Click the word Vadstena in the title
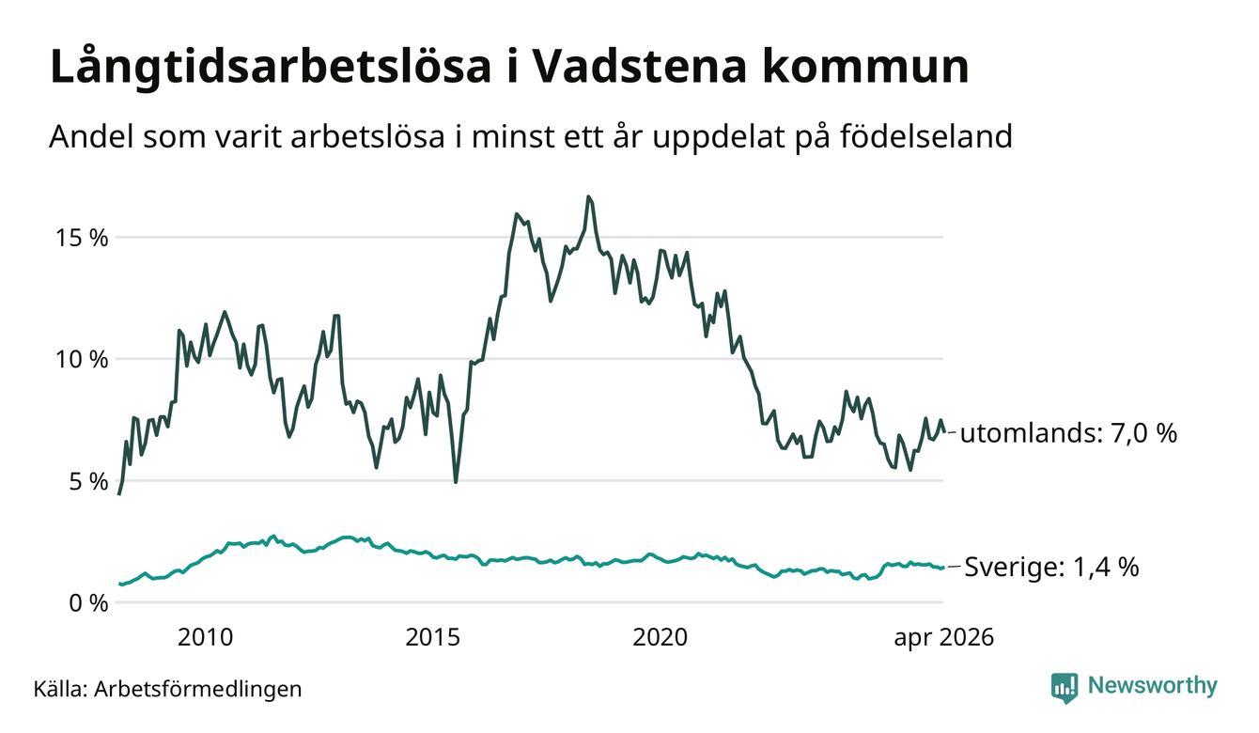point(639,67)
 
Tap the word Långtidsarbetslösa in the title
point(271,68)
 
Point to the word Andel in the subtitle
point(90,136)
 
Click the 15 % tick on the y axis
point(82,238)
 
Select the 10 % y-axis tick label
point(82,359)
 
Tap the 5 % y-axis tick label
point(89,481)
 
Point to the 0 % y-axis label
point(89,603)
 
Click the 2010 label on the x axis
point(205,637)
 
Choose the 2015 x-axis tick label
point(433,637)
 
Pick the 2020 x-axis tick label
point(660,637)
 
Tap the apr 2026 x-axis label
point(943,638)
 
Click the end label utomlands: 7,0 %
point(1068,433)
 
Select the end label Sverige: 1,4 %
point(1051,567)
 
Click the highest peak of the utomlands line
point(588,196)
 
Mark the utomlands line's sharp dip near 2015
point(456,482)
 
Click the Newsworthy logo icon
point(1065,688)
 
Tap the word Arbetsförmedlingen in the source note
point(198,689)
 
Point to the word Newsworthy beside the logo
point(1152,685)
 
